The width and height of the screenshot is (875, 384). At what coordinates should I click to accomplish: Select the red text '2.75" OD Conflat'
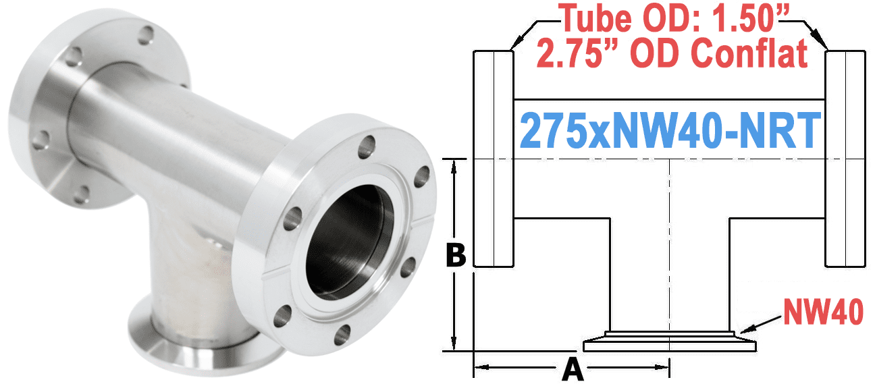pos(672,54)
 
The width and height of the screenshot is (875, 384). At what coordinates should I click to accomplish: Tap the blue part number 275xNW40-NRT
pos(669,130)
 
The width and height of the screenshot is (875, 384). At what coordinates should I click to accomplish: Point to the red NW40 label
pos(822,311)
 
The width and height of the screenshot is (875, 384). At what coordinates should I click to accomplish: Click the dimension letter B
pos(457,256)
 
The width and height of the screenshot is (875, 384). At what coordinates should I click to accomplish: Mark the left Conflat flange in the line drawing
pos(494,159)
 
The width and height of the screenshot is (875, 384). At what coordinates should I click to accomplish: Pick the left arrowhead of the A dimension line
pos(481,368)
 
